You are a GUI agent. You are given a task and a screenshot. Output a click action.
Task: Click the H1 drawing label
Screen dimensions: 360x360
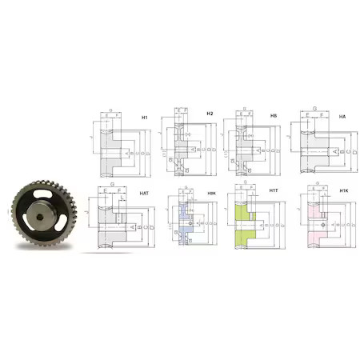(x=144, y=118)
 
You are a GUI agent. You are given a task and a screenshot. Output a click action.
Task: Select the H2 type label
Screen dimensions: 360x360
(x=210, y=114)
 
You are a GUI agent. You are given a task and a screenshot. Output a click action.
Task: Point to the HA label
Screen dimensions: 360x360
(x=342, y=117)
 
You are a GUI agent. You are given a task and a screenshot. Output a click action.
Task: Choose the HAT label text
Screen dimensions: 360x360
(x=144, y=194)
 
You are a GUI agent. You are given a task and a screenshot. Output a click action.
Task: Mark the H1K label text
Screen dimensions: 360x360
(x=342, y=192)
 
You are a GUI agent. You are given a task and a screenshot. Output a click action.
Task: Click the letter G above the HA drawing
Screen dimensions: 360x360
(x=314, y=107)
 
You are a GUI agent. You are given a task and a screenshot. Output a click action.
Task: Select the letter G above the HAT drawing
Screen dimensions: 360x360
(x=114, y=183)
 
